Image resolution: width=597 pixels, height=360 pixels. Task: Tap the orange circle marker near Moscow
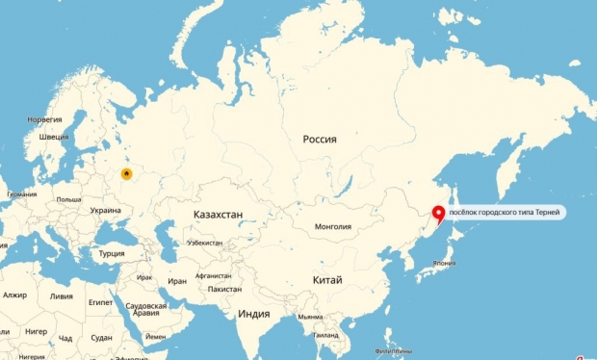(126, 174)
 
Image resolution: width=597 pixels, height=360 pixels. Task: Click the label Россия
(320, 140)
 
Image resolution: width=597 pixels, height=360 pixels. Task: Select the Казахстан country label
(218, 214)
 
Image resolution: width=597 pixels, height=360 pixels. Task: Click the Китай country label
(327, 279)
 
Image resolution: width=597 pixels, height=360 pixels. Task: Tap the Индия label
(254, 314)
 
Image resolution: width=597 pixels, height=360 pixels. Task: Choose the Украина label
(105, 210)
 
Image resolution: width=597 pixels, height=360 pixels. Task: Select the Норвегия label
(44, 120)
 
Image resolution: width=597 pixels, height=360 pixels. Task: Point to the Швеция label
(54, 137)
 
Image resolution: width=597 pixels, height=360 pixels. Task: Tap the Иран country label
(177, 281)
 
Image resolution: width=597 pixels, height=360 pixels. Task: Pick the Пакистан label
(224, 289)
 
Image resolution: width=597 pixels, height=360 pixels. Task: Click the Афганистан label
(213, 275)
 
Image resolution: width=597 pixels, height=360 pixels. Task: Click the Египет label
(101, 302)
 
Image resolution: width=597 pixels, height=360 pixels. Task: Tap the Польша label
(69, 199)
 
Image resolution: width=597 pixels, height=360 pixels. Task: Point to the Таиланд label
(324, 335)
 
